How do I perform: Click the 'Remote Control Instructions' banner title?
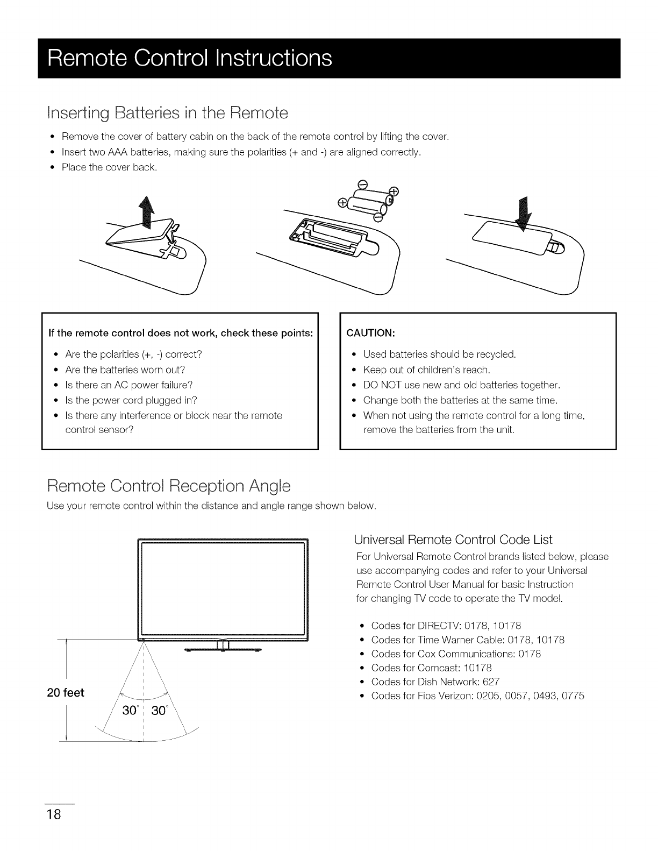[189, 58]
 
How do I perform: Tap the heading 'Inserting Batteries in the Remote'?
[168, 113]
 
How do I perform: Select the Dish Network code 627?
[492, 682]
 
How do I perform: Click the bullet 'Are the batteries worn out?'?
[125, 370]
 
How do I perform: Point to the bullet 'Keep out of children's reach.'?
[426, 370]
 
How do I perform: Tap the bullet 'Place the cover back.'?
[109, 167]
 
